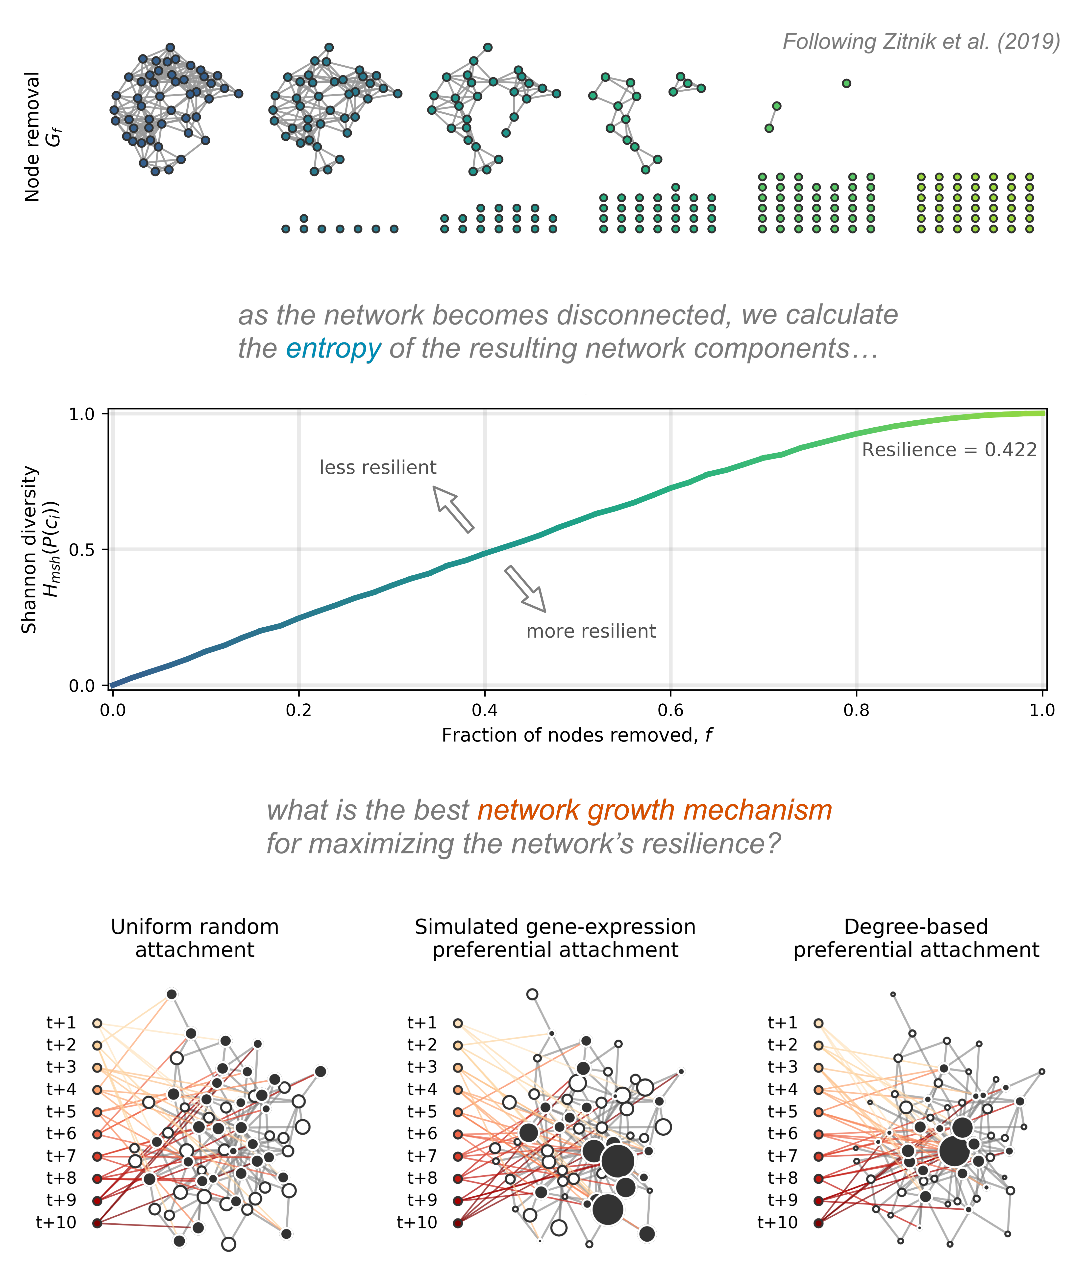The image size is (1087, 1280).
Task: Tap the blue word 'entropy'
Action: point(333,349)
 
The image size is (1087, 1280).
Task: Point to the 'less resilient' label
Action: point(378,467)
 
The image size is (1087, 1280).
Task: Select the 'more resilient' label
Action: point(590,631)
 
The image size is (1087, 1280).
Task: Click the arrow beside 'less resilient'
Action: point(453,509)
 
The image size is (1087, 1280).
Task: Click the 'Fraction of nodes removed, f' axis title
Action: point(577,735)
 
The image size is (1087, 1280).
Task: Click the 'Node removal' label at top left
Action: point(32,137)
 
